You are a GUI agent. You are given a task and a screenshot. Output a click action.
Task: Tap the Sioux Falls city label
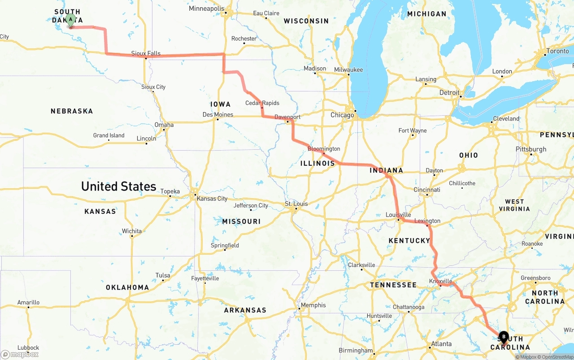146,53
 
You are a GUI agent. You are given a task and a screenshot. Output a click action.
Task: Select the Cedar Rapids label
262,103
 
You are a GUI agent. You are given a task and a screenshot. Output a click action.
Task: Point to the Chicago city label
342,115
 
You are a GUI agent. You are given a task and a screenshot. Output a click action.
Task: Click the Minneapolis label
206,9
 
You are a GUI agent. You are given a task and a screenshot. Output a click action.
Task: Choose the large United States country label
118,186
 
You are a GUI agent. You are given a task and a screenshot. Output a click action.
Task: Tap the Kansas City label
212,199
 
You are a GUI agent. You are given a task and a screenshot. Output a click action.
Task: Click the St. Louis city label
296,204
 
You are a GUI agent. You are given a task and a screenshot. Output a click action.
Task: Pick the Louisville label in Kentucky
398,215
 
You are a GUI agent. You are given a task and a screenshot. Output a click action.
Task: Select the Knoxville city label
440,281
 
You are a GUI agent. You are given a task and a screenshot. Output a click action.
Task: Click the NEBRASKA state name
72,111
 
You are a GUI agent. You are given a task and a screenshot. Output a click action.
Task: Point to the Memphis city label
313,305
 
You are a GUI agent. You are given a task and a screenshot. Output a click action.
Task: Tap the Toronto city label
558,51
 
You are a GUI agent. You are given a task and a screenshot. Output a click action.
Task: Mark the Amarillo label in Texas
28,302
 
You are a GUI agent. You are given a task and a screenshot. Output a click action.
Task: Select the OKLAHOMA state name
127,287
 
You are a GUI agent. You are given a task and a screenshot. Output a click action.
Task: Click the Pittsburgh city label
531,149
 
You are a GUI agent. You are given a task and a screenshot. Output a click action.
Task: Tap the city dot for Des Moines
217,119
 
